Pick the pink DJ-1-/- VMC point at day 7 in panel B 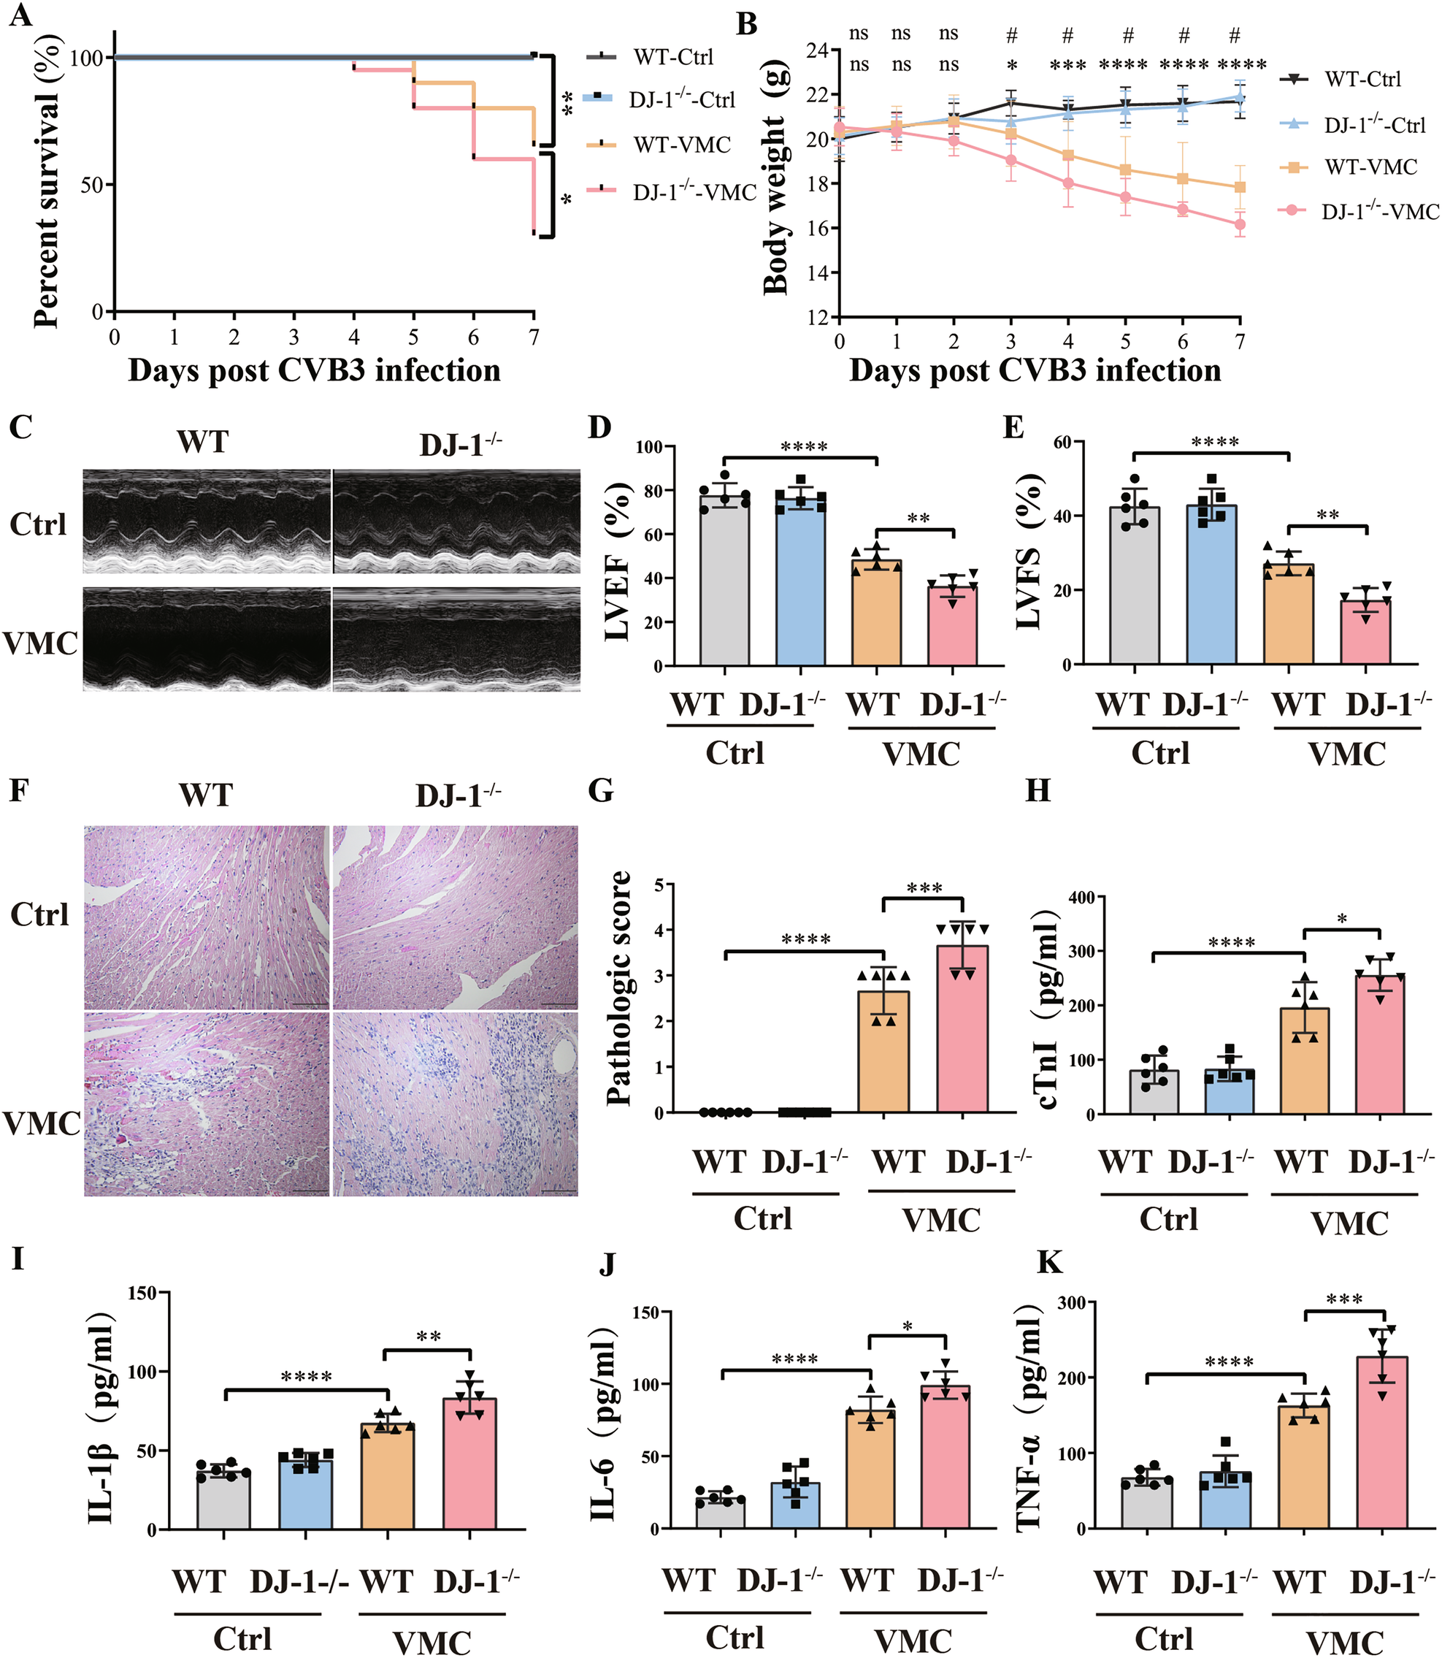click(x=1240, y=224)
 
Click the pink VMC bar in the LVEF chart click(x=953, y=628)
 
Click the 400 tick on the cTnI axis click(x=1089, y=897)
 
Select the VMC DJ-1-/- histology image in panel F click(x=456, y=1104)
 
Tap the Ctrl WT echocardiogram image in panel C click(x=207, y=522)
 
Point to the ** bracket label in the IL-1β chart click(x=428, y=1337)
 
